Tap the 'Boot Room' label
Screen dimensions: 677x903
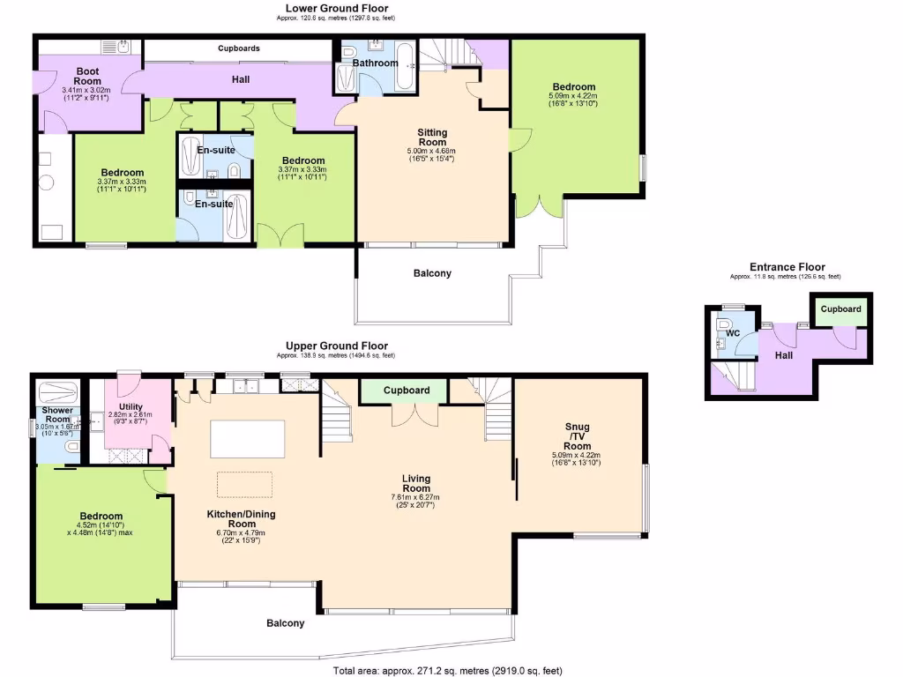pos(86,76)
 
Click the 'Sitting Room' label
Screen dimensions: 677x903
pos(432,138)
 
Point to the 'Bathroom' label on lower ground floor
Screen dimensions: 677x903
pos(376,63)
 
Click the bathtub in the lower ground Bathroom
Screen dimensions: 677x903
pos(405,69)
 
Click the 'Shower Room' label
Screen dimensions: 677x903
pos(58,415)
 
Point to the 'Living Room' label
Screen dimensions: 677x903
pos(416,483)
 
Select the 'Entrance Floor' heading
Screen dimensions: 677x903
pos(787,267)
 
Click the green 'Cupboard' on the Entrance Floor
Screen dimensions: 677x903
pos(840,310)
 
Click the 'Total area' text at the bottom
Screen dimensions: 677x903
pos(447,671)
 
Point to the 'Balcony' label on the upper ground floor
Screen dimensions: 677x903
pos(285,623)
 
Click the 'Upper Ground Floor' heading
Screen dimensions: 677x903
pos(336,346)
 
